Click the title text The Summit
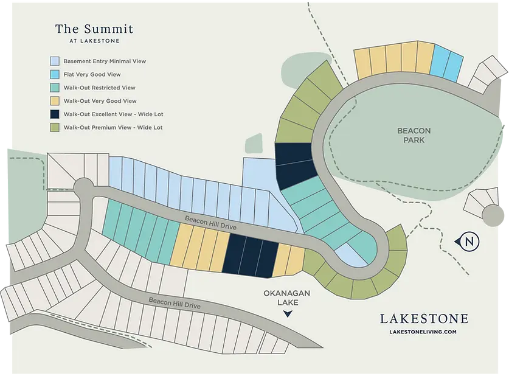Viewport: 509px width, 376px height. click(x=94, y=29)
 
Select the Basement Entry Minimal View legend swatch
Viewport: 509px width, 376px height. click(x=55, y=61)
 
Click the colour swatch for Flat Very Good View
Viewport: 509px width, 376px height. click(x=55, y=75)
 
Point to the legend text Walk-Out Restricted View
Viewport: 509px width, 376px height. click(x=99, y=88)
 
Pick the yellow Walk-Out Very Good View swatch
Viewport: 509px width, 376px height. click(x=55, y=101)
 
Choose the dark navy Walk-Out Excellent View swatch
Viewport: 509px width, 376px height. click(x=55, y=114)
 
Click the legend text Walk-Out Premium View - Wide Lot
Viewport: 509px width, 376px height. click(x=113, y=128)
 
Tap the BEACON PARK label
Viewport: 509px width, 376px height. click(x=414, y=135)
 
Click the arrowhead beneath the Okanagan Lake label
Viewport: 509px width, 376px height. click(x=288, y=314)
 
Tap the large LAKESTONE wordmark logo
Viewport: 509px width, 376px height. click(x=424, y=319)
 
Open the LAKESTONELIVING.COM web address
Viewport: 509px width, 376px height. click(x=424, y=332)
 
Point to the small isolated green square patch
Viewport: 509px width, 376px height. click(x=254, y=144)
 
